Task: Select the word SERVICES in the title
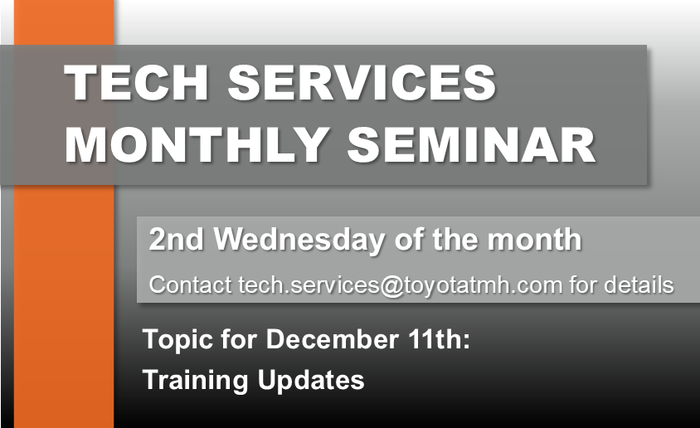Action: (x=362, y=83)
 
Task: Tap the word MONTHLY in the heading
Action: (x=197, y=145)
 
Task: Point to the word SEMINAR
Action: (x=471, y=145)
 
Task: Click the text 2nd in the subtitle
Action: (x=176, y=239)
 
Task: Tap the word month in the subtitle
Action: (x=534, y=239)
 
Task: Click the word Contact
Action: (x=190, y=285)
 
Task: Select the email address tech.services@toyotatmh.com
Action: (x=401, y=285)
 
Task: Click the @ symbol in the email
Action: (x=391, y=286)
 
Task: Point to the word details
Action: (x=639, y=285)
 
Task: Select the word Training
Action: (x=196, y=381)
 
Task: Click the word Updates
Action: (x=311, y=381)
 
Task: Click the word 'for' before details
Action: (x=583, y=285)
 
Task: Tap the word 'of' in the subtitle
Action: (x=409, y=239)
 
